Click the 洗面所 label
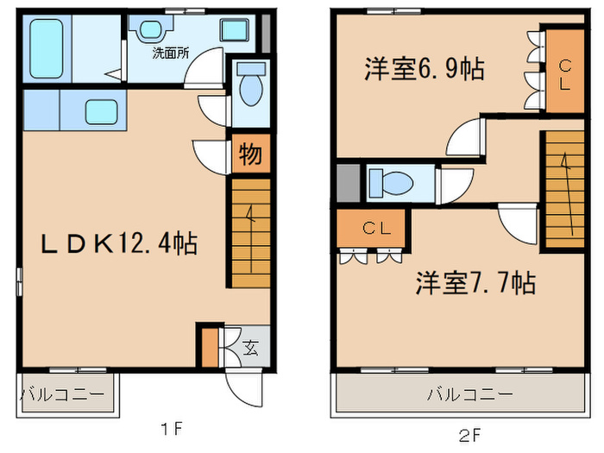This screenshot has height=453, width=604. [x=171, y=53]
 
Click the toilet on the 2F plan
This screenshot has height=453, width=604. [x=393, y=183]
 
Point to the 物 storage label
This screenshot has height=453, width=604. [x=250, y=155]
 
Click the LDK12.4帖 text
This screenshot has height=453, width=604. [x=120, y=243]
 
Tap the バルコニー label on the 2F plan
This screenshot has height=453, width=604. [x=469, y=394]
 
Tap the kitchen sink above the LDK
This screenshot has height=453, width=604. [x=102, y=111]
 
